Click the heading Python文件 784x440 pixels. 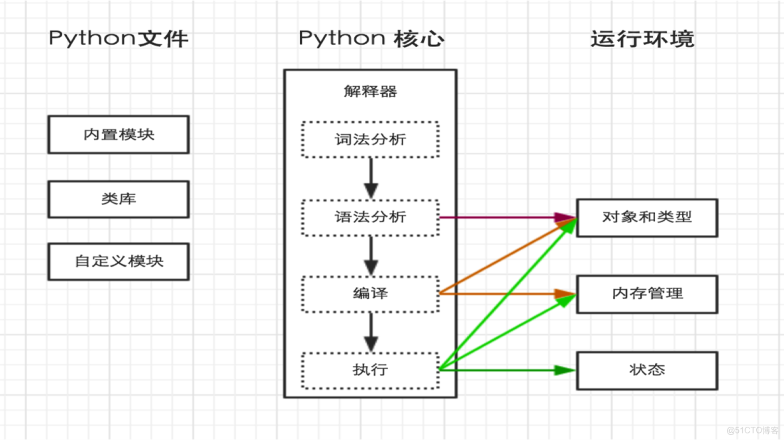[x=119, y=38]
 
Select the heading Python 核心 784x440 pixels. [x=371, y=38]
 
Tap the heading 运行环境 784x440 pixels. [x=642, y=38]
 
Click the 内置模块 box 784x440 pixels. [x=119, y=134]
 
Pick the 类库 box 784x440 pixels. [x=119, y=198]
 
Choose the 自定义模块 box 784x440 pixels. [x=119, y=261]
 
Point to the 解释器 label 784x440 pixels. [x=370, y=92]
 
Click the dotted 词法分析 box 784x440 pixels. [x=370, y=140]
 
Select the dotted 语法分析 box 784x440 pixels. [x=370, y=217]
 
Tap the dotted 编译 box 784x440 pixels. [x=370, y=294]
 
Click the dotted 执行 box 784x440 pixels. [x=370, y=370]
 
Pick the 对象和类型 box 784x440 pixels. [x=647, y=217]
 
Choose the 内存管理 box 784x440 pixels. [x=647, y=294]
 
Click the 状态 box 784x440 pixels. [x=647, y=370]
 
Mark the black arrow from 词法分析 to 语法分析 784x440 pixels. [x=371, y=177]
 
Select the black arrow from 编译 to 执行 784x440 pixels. [x=371, y=332]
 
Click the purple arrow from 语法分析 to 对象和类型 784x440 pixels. [x=503, y=217]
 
